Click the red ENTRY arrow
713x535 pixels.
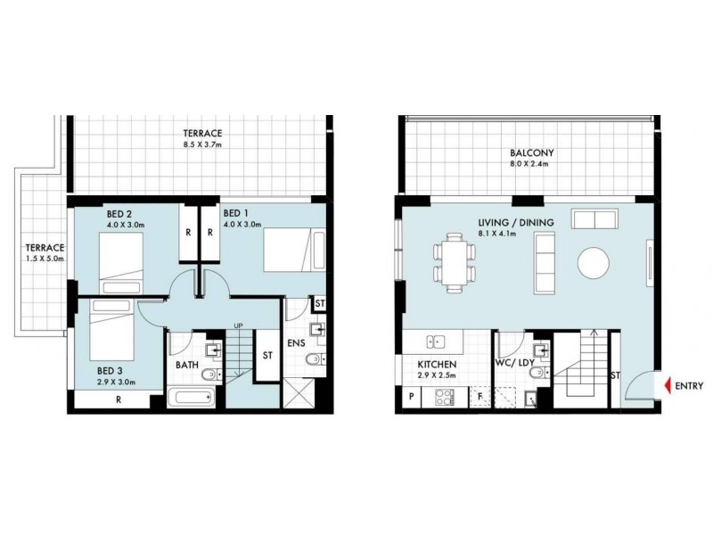(665, 386)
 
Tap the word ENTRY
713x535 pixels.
(690, 386)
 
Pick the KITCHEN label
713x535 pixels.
(438, 366)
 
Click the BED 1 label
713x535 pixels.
(235, 213)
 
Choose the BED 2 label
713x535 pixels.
(119, 213)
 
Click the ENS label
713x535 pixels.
(297, 342)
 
